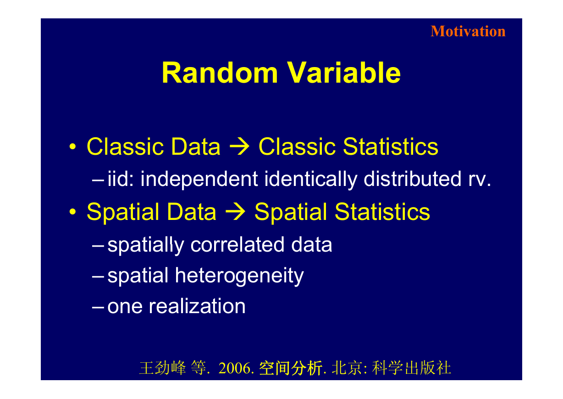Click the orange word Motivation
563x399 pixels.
(x=468, y=31)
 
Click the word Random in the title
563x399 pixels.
(x=220, y=73)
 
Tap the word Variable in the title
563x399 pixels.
(x=344, y=73)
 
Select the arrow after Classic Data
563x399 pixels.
(x=239, y=146)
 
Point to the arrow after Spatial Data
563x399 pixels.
(x=235, y=212)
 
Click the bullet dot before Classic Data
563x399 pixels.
(x=72, y=146)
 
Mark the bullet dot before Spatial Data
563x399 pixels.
(x=72, y=212)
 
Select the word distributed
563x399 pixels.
(x=413, y=179)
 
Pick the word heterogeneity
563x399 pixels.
(x=239, y=276)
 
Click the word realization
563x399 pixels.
(x=197, y=306)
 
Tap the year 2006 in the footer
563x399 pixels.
(x=234, y=368)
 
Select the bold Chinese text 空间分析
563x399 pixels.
(x=291, y=368)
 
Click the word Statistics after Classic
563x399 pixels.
(x=391, y=146)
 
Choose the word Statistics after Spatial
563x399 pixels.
(x=382, y=212)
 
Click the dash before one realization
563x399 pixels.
(x=98, y=307)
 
